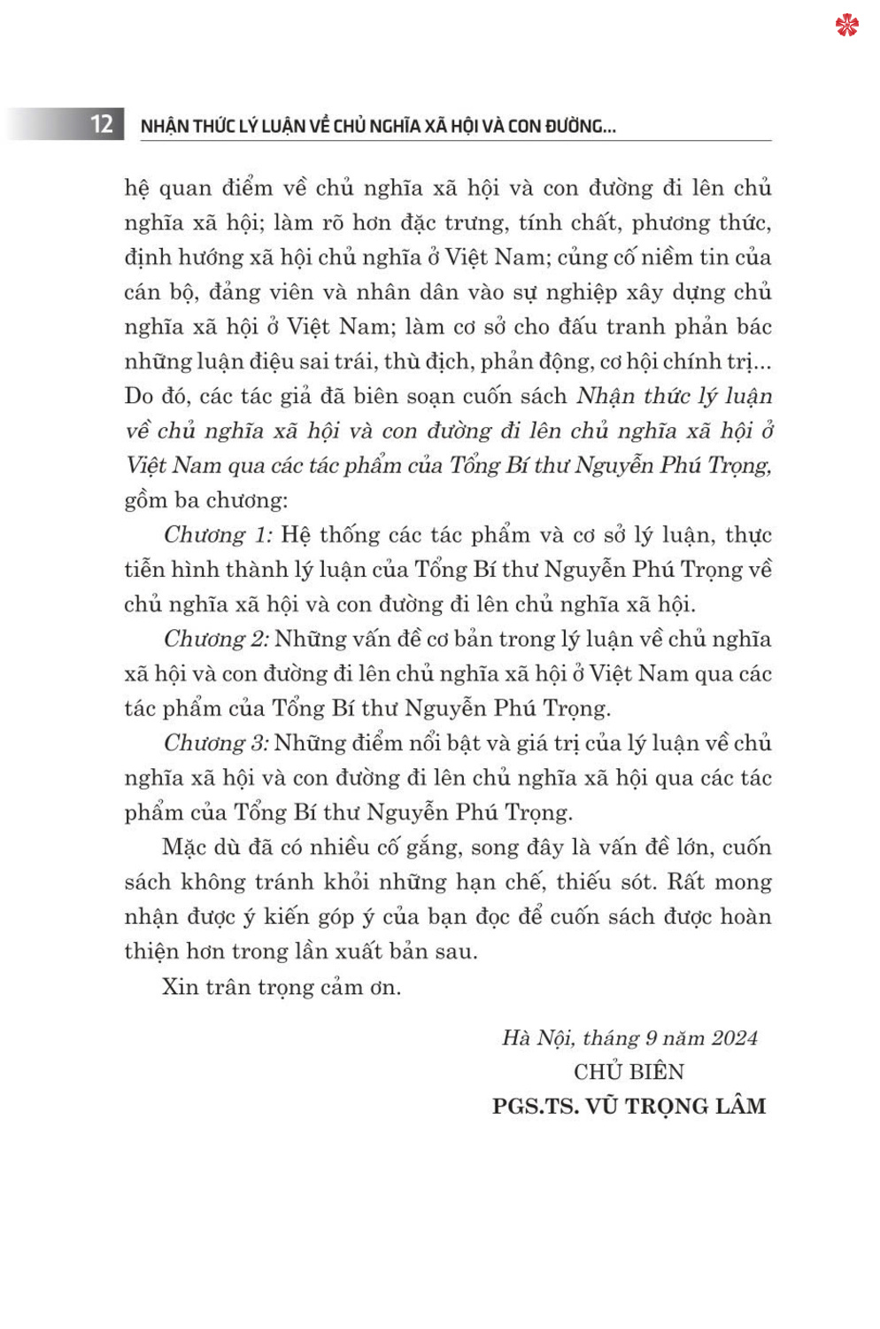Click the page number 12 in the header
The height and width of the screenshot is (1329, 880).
pyautogui.click(x=102, y=124)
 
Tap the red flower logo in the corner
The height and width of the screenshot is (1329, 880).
pyautogui.click(x=846, y=25)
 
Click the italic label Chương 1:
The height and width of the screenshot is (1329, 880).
pyautogui.click(x=218, y=535)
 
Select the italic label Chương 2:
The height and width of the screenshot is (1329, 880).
pyautogui.click(x=216, y=640)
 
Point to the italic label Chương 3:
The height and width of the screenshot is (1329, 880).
pyautogui.click(x=216, y=743)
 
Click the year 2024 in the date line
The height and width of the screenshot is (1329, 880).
pyautogui.click(x=734, y=1038)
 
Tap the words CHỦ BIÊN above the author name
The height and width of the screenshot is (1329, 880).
pyautogui.click(x=629, y=1072)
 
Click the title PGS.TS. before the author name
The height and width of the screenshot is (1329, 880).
pyautogui.click(x=535, y=1107)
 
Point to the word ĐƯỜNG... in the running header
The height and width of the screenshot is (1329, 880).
pyautogui.click(x=580, y=126)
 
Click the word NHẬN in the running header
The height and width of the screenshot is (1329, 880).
pyautogui.click(x=165, y=126)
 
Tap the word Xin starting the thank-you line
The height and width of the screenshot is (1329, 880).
pyautogui.click(x=180, y=987)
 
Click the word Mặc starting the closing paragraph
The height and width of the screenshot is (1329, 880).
pyautogui.click(x=184, y=848)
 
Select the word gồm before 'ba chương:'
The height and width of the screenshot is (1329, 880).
pyautogui.click(x=145, y=501)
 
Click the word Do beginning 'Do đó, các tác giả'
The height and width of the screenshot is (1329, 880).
pyautogui.click(x=139, y=396)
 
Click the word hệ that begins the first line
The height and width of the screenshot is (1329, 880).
pyautogui.click(x=137, y=188)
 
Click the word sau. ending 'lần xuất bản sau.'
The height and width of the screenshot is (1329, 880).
pyautogui.click(x=458, y=952)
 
